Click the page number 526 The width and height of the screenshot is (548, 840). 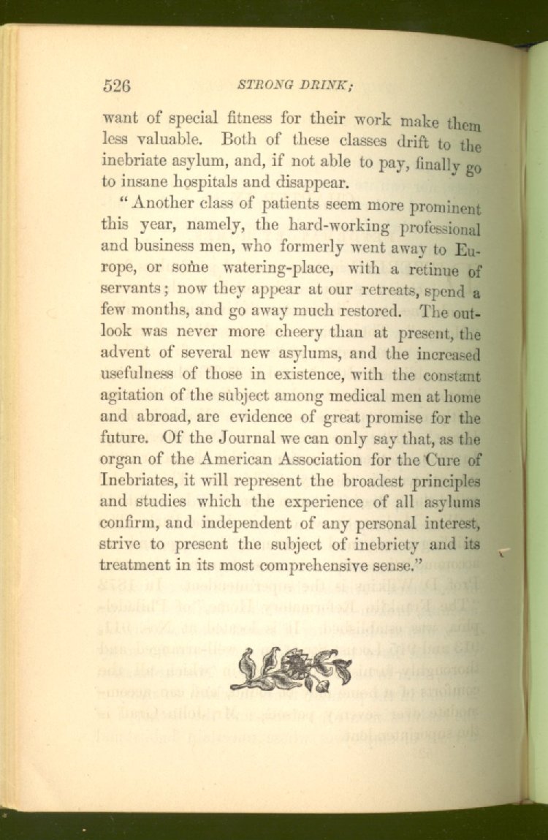(117, 85)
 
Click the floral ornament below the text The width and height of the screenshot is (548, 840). (291, 668)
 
